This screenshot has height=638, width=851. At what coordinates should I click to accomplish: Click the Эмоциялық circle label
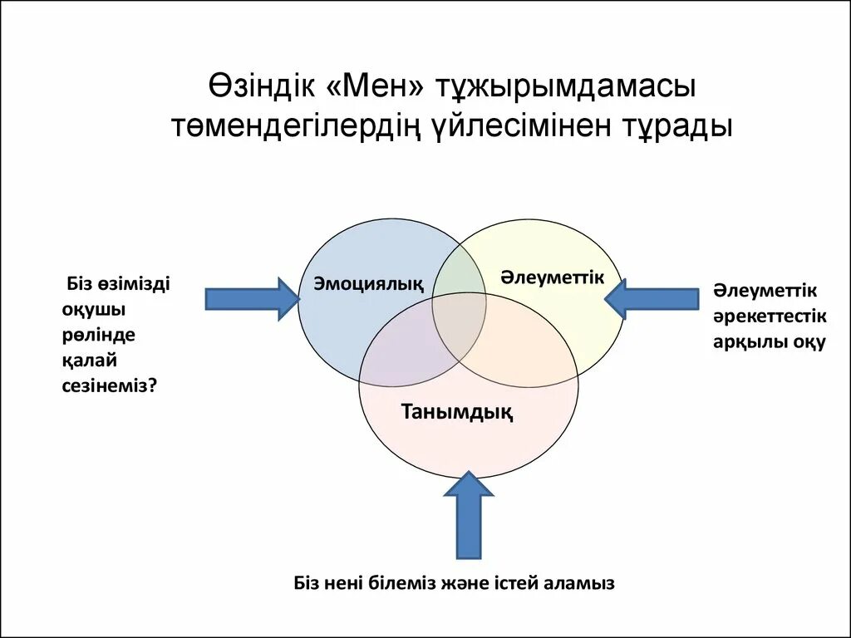pyautogui.click(x=368, y=284)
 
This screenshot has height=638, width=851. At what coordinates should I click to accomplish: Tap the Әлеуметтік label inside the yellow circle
pyautogui.click(x=552, y=277)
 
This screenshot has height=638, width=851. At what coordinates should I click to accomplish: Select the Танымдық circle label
pyautogui.click(x=456, y=411)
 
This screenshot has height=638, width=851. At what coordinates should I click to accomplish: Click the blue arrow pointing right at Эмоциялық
pyautogui.click(x=251, y=297)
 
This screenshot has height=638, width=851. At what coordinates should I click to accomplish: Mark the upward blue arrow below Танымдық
pyautogui.click(x=469, y=515)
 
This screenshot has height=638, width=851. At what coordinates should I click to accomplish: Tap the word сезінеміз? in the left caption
pyautogui.click(x=109, y=385)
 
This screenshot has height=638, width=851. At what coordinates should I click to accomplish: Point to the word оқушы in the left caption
pyautogui.click(x=93, y=309)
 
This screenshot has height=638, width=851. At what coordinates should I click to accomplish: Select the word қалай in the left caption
pyautogui.click(x=88, y=360)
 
